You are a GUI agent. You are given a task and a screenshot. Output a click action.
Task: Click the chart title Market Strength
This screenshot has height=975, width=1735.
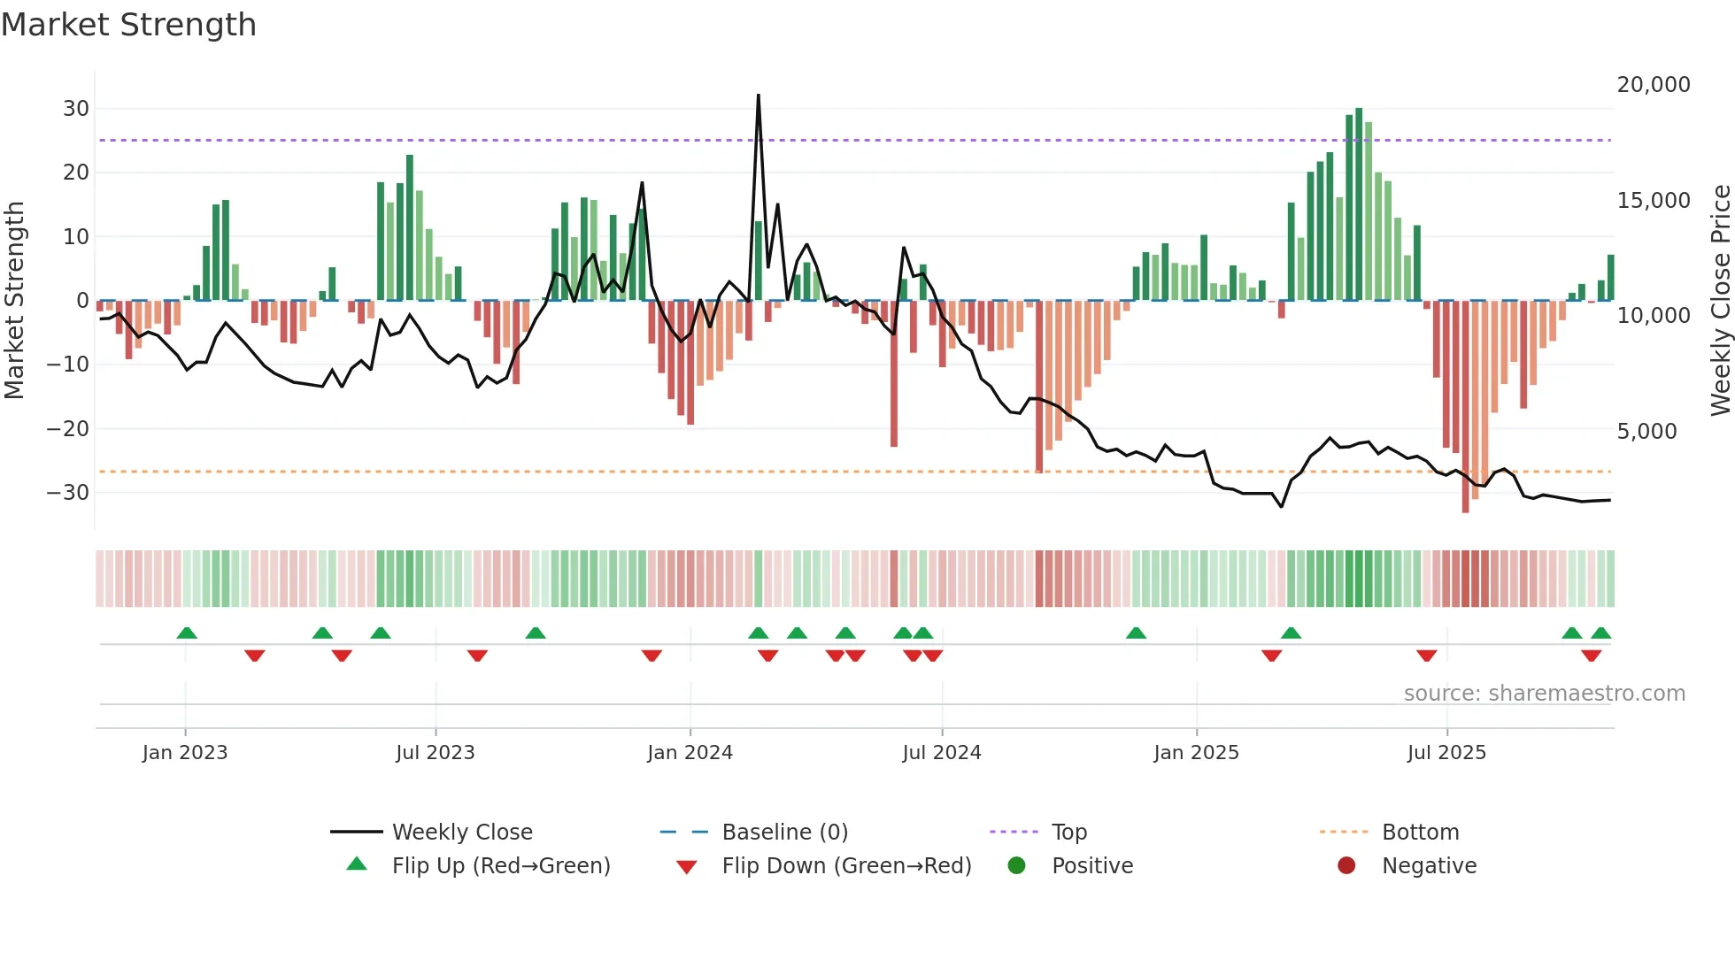[x=128, y=25]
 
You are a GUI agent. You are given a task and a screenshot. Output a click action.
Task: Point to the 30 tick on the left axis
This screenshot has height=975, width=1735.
[x=76, y=109]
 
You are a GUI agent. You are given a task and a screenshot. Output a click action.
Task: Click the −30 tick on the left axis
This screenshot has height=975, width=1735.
[x=68, y=493]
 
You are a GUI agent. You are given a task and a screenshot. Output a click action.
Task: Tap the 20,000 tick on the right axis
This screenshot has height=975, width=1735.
[x=1653, y=85]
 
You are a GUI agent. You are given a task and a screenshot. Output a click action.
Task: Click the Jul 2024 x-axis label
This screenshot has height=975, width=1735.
[x=941, y=753]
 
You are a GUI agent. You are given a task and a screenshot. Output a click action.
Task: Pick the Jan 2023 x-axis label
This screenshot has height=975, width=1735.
[x=185, y=753]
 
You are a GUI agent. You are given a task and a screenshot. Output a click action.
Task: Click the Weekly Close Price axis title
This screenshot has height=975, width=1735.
[x=1720, y=301]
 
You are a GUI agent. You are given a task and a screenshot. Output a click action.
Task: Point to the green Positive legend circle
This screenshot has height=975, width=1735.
[x=1016, y=866]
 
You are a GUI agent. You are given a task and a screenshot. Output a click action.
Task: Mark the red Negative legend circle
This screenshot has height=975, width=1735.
[x=1346, y=866]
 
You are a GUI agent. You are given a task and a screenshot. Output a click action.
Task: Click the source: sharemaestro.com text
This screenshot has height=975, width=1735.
[x=1544, y=694]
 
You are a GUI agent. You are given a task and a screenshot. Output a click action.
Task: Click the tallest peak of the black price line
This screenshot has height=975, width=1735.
[x=759, y=96]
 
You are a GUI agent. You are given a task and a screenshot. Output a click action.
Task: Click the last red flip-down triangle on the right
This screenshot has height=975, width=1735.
[x=1591, y=656]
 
